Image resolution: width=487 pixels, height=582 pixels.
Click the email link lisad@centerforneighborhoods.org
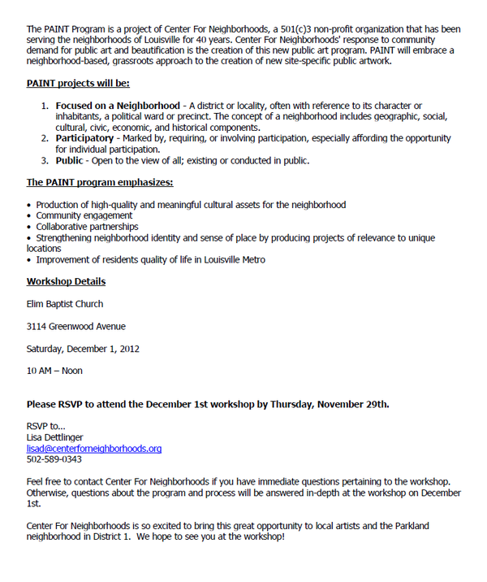tap(93, 448)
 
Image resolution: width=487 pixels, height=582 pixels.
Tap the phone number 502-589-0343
tap(54, 459)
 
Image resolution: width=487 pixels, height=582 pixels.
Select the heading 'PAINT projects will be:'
tap(78, 83)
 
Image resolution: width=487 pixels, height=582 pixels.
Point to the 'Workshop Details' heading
tap(66, 282)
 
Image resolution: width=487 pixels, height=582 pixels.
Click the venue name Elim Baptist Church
tap(64, 304)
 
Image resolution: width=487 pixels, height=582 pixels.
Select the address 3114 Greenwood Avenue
tap(75, 327)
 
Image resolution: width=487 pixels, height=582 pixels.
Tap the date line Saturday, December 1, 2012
tap(83, 349)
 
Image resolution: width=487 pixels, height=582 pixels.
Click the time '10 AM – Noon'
tap(54, 371)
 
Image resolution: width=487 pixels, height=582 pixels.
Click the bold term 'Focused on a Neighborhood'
tap(118, 106)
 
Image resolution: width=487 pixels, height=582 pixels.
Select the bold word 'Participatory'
tap(84, 138)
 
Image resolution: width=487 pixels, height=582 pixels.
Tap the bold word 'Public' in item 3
tap(69, 161)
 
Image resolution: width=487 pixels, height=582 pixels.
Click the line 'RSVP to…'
tap(45, 426)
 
